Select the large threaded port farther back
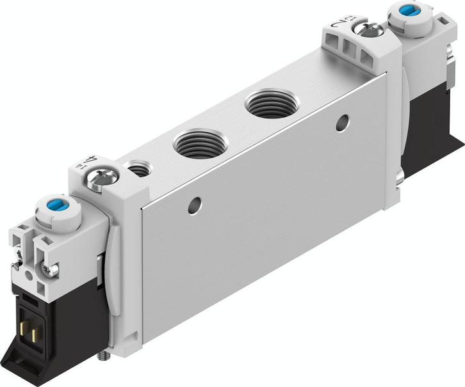(x=269, y=103)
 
